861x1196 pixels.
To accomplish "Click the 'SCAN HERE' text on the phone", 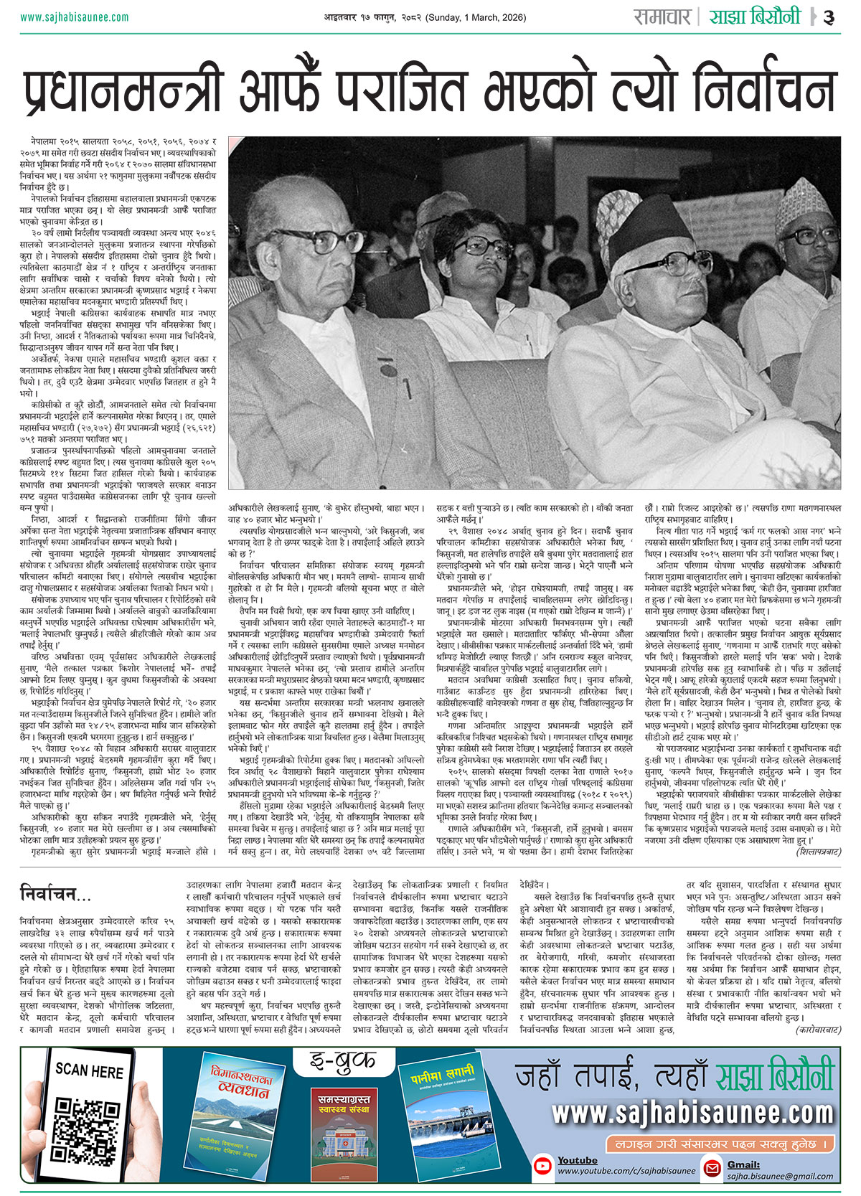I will pyautogui.click(x=89, y=1071).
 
